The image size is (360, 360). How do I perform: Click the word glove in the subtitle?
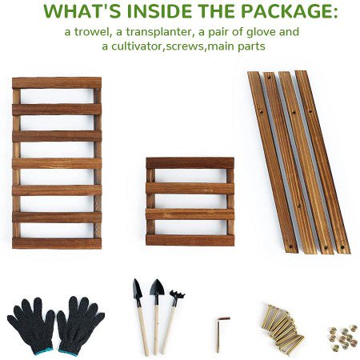(261, 33)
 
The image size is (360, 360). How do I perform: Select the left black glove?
(30, 325)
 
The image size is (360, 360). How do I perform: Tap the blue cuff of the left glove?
(43, 351)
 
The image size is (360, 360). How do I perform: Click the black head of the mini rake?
(177, 296)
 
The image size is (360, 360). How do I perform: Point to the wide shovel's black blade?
(157, 287)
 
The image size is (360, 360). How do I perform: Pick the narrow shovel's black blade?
(137, 289)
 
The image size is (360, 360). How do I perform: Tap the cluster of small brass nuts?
(343, 337)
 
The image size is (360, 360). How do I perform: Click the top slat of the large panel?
(57, 83)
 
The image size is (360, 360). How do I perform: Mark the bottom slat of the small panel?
(190, 240)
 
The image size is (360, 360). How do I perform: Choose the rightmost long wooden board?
(322, 162)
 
